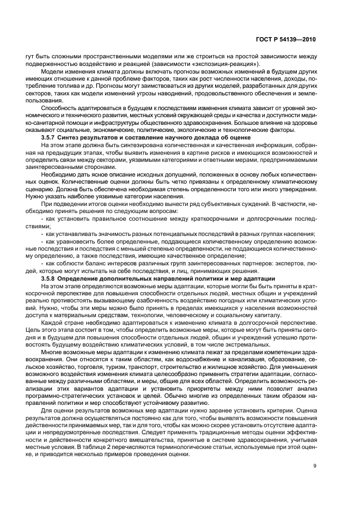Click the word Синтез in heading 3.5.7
click(x=91, y=138)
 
